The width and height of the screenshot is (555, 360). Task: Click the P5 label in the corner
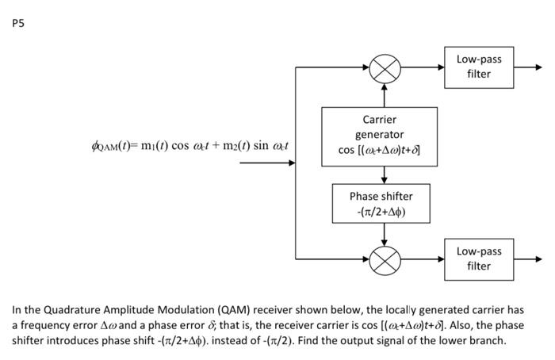pyautogui.click(x=19, y=23)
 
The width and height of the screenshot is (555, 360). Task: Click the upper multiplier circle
pyautogui.click(x=385, y=67)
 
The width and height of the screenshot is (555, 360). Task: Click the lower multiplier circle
pyautogui.click(x=385, y=259)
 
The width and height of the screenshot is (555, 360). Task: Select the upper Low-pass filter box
pyautogui.click(x=478, y=67)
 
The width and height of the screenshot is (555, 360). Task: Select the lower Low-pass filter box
pyautogui.click(x=478, y=259)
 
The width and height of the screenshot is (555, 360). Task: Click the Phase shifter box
pyautogui.click(x=384, y=203)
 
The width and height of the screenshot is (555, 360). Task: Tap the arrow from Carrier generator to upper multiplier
pyautogui.click(x=385, y=94)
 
